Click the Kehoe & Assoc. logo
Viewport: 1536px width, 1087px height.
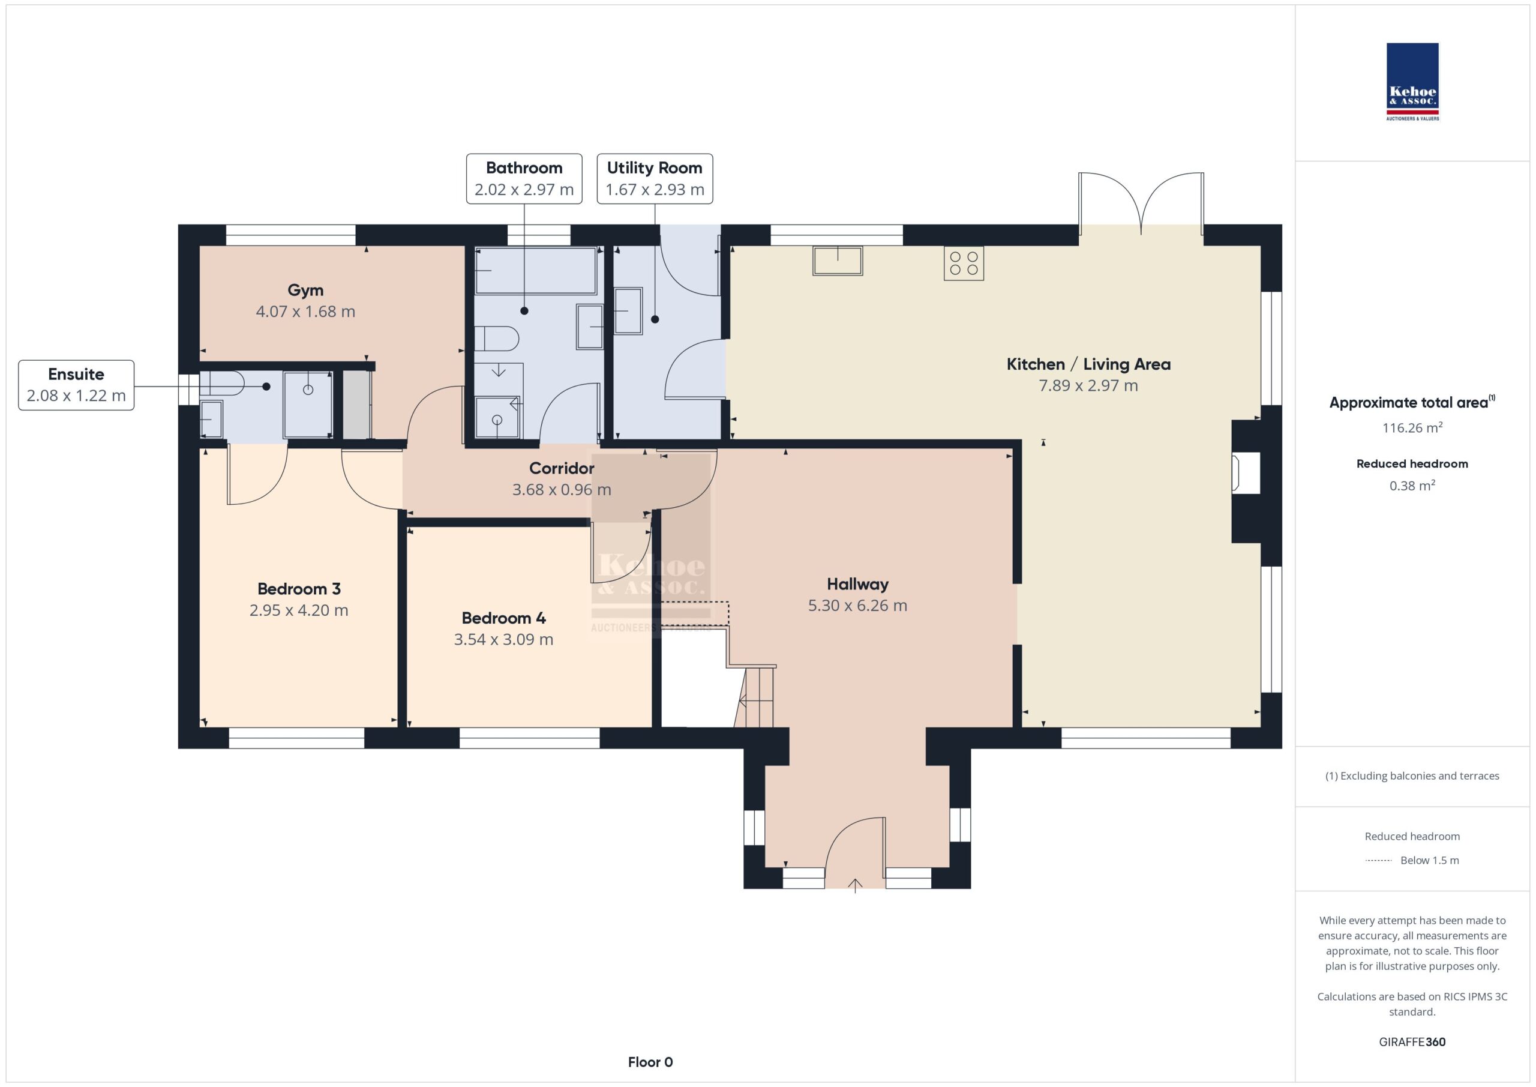1412,82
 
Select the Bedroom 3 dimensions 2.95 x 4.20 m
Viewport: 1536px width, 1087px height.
299,610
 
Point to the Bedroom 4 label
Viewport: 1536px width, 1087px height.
504,618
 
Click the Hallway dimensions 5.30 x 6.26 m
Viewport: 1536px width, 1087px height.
857,606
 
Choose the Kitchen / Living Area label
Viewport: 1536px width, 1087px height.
1088,364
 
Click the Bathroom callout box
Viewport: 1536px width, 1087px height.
524,179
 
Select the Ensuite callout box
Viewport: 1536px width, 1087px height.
76,385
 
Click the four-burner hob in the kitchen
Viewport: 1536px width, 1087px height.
964,263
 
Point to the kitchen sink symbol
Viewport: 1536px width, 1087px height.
838,260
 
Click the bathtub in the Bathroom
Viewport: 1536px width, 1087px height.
535,271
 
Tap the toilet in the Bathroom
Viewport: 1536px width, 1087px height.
496,339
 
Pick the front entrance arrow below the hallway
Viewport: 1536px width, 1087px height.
855,885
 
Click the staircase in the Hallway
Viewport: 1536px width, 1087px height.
755,696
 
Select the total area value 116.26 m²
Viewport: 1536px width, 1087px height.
1412,427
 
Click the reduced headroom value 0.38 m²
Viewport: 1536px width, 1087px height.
1412,485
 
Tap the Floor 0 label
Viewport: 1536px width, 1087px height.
650,1062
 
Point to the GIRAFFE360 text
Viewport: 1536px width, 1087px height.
1412,1041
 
